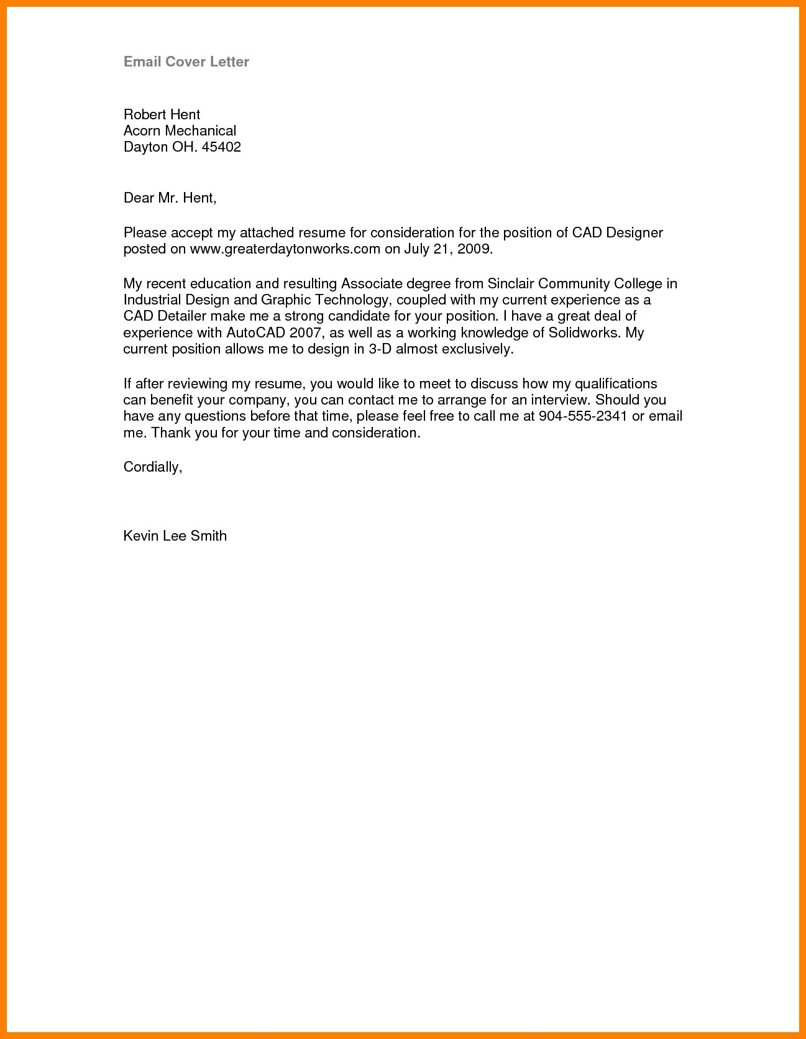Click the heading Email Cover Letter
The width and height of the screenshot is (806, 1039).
click(x=186, y=62)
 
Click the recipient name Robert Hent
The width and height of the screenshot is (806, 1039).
click(x=162, y=114)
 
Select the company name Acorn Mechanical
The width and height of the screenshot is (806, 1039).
click(x=180, y=130)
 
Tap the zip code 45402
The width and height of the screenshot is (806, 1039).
click(x=221, y=147)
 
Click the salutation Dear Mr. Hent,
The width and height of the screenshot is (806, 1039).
click(x=170, y=198)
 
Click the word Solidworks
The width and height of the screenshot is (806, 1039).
click(x=584, y=333)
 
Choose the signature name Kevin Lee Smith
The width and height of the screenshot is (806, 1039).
click(x=175, y=536)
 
